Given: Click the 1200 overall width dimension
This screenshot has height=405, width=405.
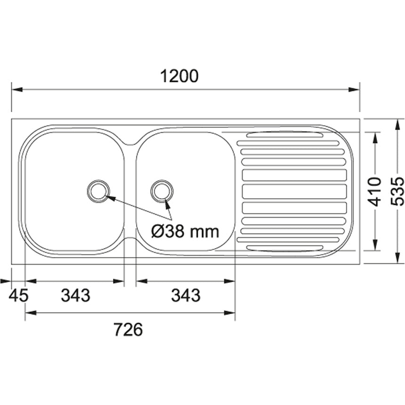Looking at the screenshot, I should [x=179, y=76].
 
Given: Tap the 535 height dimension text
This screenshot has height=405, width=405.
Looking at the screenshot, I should [x=398, y=191].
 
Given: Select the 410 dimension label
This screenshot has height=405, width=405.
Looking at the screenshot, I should [x=374, y=191].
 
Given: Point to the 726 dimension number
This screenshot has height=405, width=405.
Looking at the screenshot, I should [x=128, y=330].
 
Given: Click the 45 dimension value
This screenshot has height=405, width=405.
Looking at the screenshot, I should [x=19, y=296].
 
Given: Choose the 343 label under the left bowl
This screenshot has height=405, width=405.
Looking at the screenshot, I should [x=75, y=296].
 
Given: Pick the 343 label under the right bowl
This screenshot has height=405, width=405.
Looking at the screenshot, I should [x=186, y=296].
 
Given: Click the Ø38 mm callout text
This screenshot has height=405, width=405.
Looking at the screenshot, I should [x=185, y=231].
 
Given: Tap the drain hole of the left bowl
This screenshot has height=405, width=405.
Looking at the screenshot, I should [x=98, y=191].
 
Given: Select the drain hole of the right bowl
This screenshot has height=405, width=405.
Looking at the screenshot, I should [x=162, y=191].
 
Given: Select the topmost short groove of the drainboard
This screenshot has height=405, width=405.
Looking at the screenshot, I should [x=285, y=135].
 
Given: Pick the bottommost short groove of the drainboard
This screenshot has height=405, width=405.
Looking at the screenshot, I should [x=285, y=247].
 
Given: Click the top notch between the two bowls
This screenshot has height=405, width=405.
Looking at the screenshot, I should [x=130, y=140].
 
